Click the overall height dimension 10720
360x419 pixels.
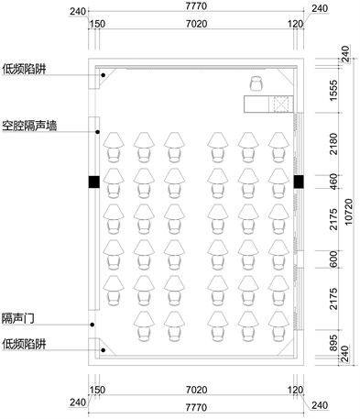point(348,212)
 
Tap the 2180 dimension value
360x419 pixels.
point(334,144)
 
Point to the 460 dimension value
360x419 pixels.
point(334,182)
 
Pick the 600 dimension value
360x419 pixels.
point(334,259)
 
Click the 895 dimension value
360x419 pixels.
point(334,343)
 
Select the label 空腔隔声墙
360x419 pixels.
point(29,126)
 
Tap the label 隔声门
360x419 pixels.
point(18,318)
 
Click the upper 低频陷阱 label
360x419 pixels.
point(24,69)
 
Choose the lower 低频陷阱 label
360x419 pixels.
point(24,344)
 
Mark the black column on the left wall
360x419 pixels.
point(94,182)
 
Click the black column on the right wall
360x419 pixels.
point(299,182)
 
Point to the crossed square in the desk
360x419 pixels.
point(281,104)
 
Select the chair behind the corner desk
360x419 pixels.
point(256,83)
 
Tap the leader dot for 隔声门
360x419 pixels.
point(93,325)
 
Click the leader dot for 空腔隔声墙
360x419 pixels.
point(98,132)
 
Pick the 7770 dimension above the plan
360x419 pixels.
point(196,6)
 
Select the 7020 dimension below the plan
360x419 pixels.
point(196,390)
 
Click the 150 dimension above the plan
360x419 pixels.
point(98,24)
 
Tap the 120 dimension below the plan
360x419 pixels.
point(296,390)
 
